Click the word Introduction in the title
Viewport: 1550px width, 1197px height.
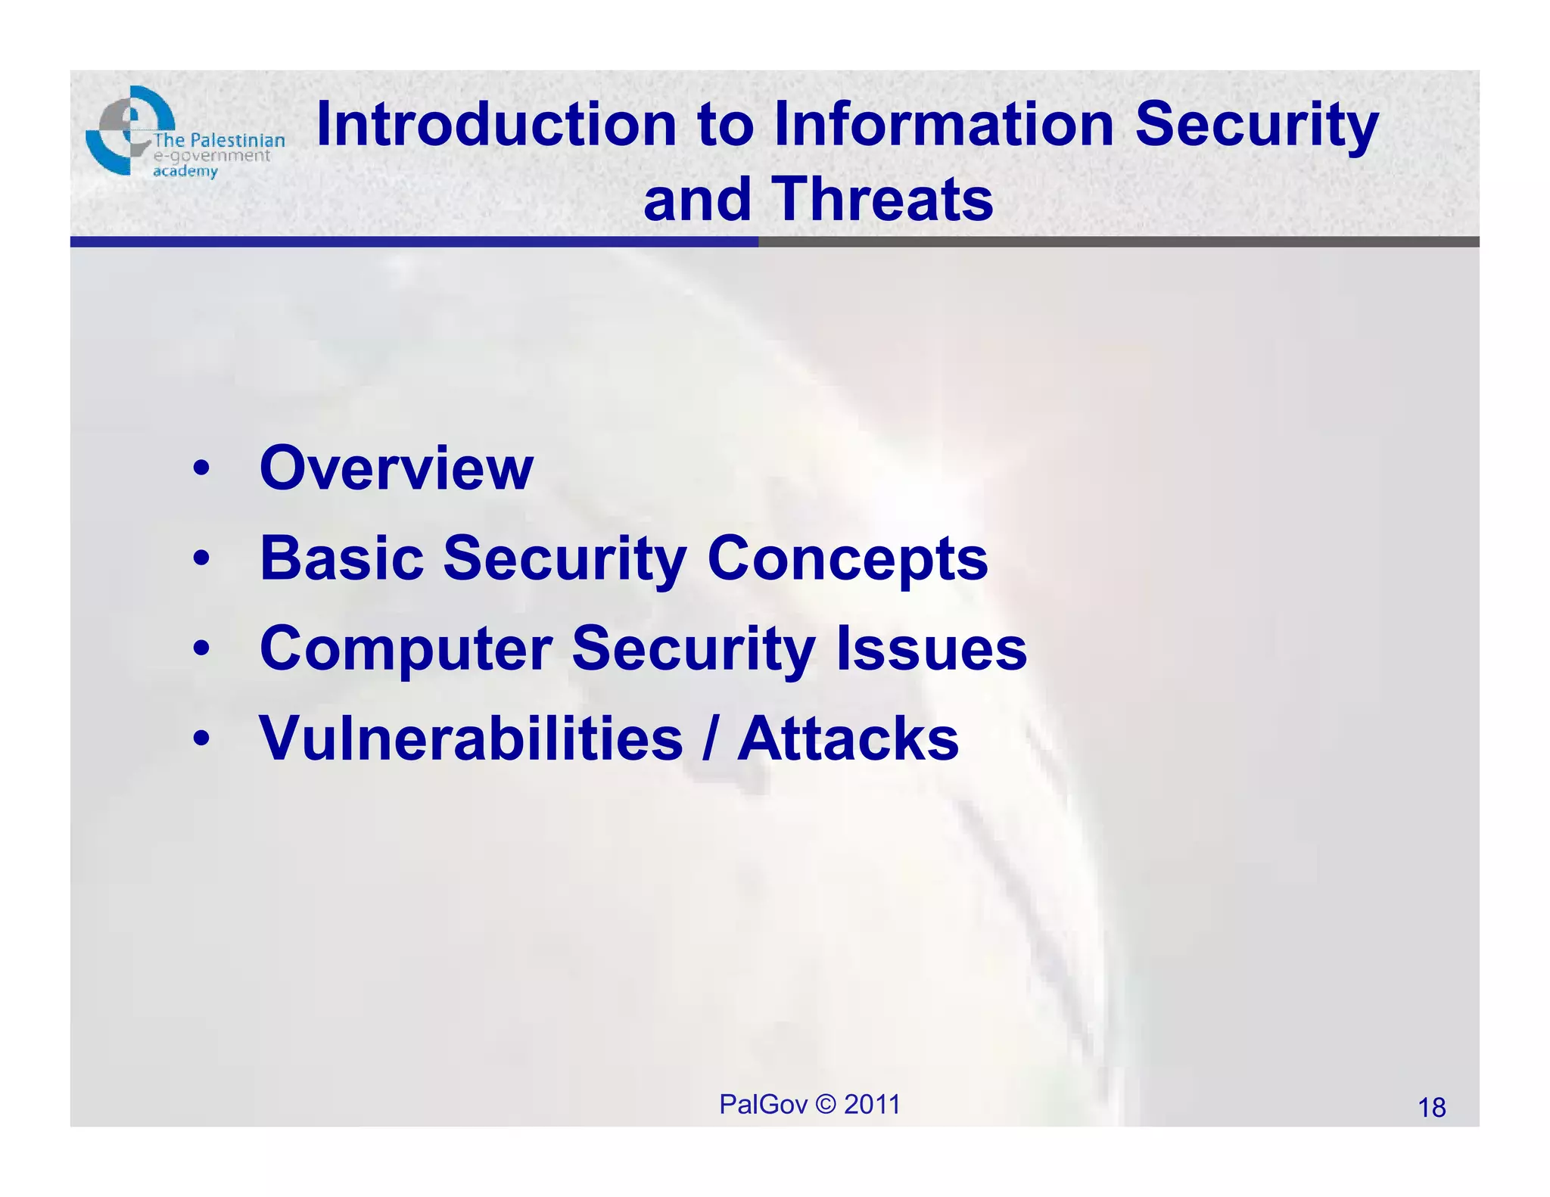click(x=496, y=125)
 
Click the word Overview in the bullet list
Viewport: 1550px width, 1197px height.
click(x=397, y=468)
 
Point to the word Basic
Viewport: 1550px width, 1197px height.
click(x=341, y=558)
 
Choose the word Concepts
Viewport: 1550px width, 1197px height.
click(x=847, y=560)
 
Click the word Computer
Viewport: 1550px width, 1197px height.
click(x=406, y=649)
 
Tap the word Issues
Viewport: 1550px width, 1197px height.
click(x=931, y=649)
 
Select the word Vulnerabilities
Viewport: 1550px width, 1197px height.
click(x=471, y=738)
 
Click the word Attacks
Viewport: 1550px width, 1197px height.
click(x=848, y=738)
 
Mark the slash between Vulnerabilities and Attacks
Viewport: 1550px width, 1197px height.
click(x=709, y=740)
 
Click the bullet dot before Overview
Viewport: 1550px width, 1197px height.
click(x=201, y=469)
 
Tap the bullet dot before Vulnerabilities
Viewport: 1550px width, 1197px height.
click(x=201, y=739)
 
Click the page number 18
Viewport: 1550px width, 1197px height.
click(x=1431, y=1108)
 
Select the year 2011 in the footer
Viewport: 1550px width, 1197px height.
click(x=872, y=1105)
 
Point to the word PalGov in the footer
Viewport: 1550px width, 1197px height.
click(x=763, y=1105)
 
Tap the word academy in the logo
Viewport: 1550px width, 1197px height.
click(x=185, y=172)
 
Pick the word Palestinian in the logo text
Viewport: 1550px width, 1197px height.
click(x=237, y=140)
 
